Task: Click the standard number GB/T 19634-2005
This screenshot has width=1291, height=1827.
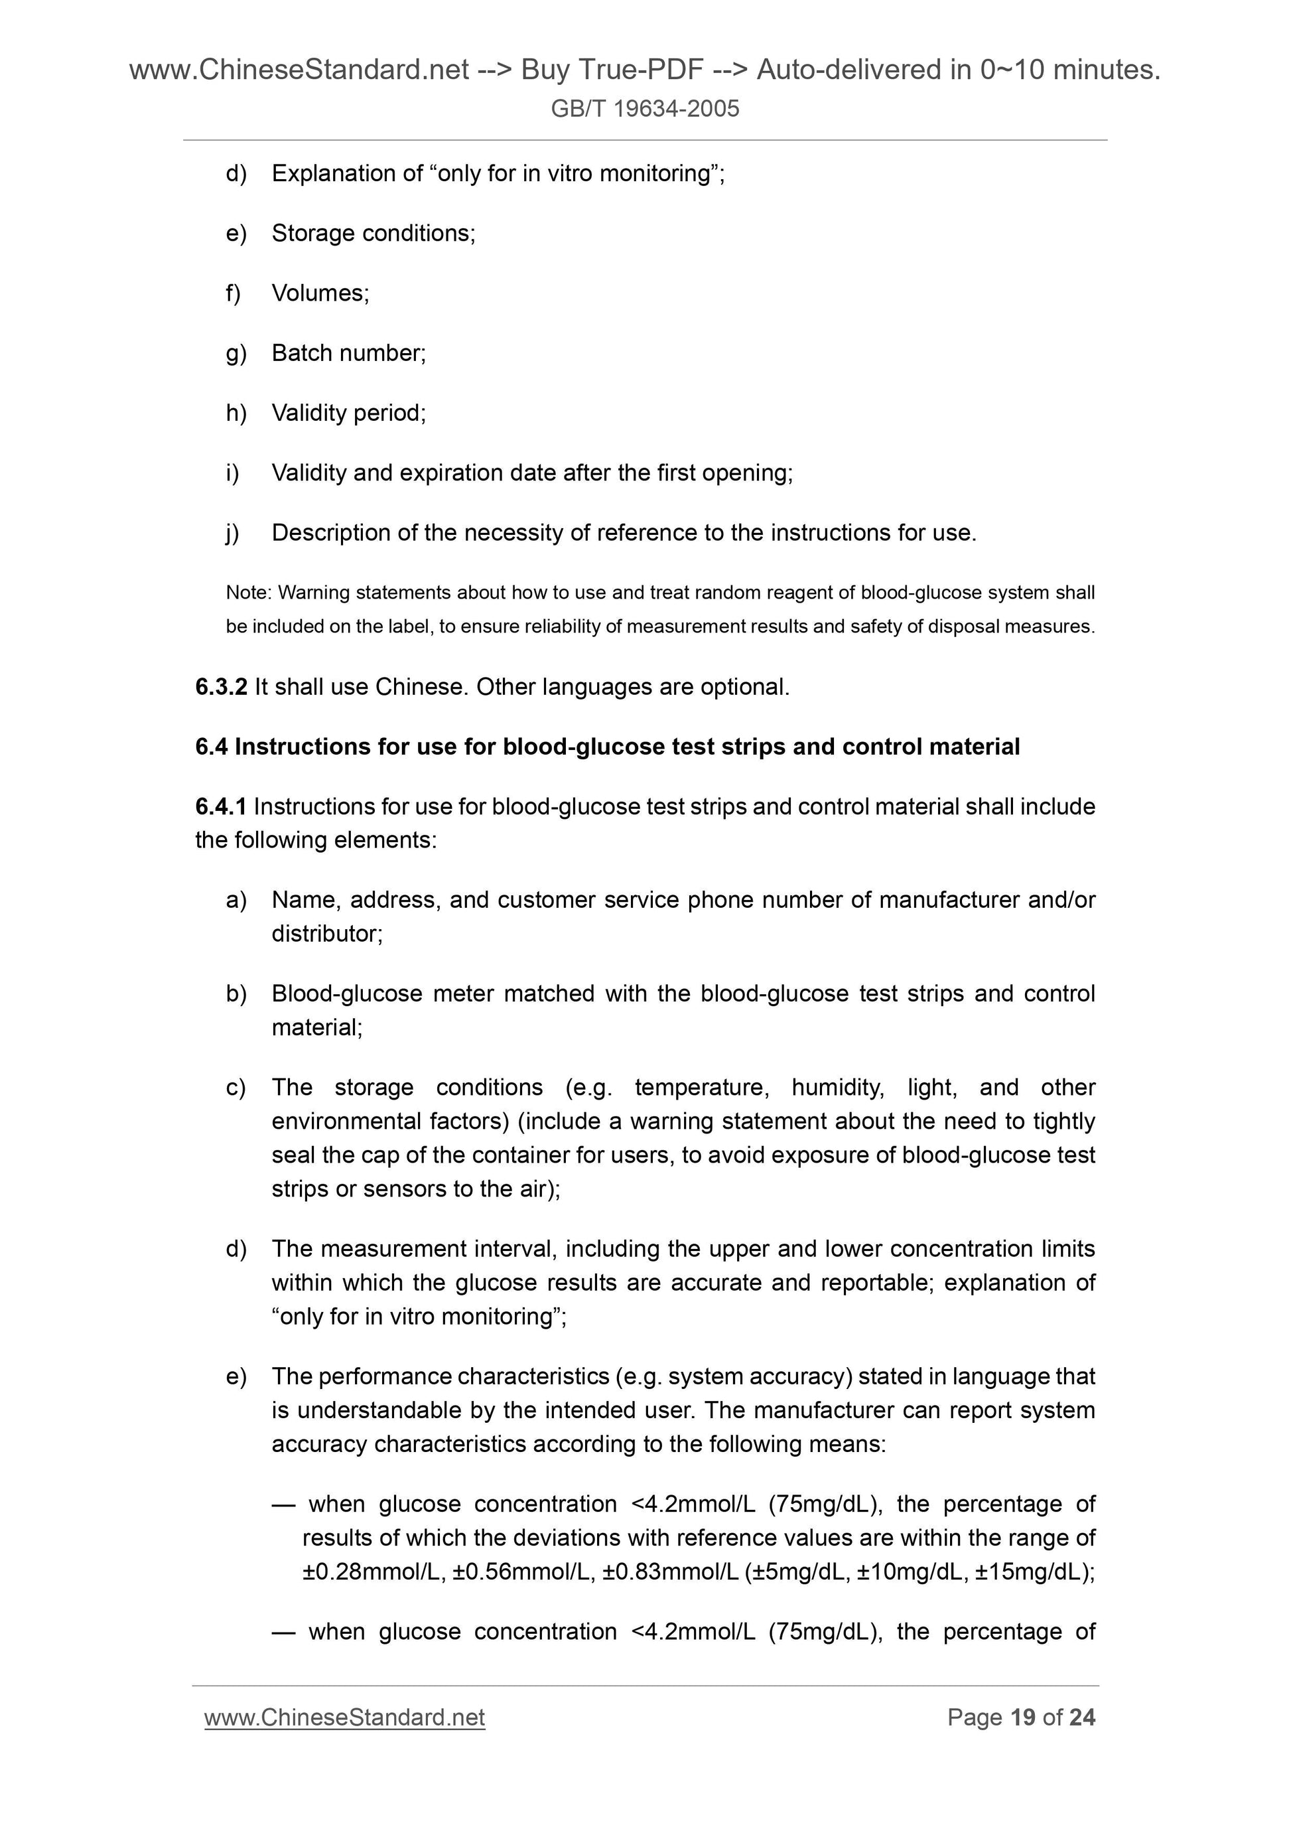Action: click(644, 108)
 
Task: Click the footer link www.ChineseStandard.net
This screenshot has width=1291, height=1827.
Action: click(344, 1717)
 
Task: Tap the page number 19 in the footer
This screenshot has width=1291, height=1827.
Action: click(1022, 1717)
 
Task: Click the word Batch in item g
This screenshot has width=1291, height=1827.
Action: click(303, 352)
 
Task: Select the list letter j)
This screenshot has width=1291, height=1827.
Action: click(232, 532)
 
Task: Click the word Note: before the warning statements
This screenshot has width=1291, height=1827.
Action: click(249, 593)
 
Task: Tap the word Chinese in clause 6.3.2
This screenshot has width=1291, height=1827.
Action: click(421, 687)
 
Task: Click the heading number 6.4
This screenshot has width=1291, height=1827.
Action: click(212, 747)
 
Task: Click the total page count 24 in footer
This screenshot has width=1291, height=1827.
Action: click(1082, 1717)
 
